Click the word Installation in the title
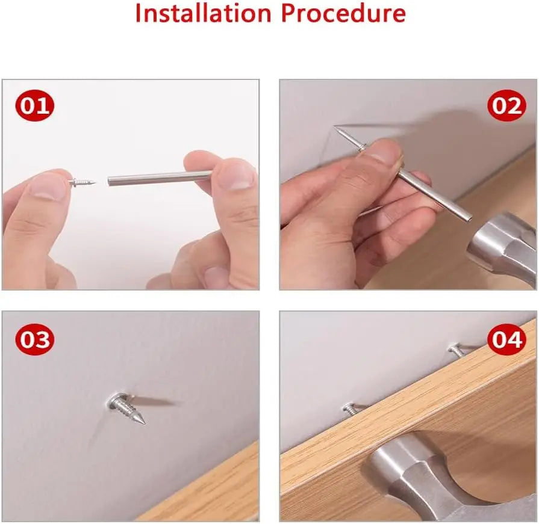click(204, 13)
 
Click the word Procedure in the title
click(343, 13)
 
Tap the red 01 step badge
click(35, 105)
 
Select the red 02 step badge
click(506, 105)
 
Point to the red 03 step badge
click(35, 339)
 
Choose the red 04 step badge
click(506, 339)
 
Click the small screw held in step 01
click(83, 181)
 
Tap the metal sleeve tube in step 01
click(160, 177)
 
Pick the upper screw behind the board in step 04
click(455, 350)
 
